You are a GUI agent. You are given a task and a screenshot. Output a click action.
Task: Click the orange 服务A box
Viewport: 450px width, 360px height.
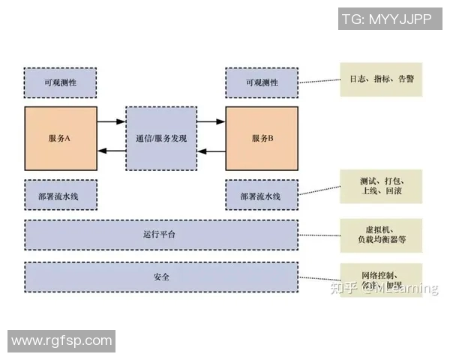point(60,138)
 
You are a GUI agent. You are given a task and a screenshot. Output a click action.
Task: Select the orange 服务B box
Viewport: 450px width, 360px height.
point(262,138)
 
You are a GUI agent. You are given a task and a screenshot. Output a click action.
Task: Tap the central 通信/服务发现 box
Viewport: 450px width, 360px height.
point(161,138)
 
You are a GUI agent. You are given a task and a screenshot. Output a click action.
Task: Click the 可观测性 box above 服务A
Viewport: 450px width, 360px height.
point(60,82)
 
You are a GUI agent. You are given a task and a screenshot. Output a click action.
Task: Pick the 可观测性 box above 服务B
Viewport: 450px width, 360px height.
point(262,82)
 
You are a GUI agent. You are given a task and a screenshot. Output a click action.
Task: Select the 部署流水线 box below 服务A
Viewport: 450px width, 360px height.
point(60,195)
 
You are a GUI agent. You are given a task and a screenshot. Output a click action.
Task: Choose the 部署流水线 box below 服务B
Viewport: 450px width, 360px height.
point(262,195)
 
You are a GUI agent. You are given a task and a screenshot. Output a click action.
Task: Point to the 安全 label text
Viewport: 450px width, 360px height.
point(160,277)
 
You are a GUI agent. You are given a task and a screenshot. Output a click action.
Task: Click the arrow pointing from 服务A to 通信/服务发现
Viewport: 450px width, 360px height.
point(111,121)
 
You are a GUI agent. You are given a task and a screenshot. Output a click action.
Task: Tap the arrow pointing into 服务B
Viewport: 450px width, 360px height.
point(211,121)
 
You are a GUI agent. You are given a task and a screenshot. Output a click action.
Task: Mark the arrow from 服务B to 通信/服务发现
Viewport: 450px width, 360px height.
point(211,151)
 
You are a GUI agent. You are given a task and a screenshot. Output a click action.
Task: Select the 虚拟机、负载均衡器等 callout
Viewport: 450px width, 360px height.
point(381,235)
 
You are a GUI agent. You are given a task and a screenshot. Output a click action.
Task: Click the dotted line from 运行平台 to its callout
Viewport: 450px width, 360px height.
point(318,235)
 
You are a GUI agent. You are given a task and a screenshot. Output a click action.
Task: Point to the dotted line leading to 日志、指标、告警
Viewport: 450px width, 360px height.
point(318,81)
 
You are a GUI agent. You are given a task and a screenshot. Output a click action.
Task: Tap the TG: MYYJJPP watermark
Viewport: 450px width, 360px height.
point(387,19)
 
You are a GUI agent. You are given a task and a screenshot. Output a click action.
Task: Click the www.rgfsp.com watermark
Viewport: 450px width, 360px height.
point(61,341)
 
